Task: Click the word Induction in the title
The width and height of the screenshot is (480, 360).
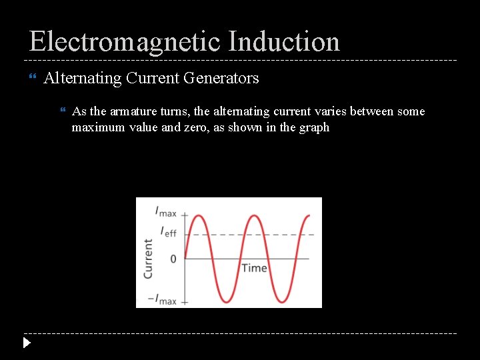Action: (283, 41)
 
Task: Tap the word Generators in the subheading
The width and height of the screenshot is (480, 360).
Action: (221, 78)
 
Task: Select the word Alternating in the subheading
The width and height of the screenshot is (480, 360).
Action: (83, 78)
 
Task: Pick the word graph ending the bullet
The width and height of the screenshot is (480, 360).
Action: (314, 127)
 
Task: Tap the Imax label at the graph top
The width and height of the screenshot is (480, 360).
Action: (165, 213)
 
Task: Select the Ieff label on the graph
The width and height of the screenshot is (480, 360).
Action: (168, 232)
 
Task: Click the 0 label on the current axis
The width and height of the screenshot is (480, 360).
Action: (173, 258)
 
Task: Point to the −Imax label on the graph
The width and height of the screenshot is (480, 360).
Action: (163, 301)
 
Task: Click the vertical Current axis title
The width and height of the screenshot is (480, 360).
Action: (148, 259)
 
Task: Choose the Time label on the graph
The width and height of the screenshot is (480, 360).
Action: (254, 268)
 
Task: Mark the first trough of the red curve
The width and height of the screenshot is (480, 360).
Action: (227, 301)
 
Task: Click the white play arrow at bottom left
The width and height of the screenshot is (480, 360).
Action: (26, 343)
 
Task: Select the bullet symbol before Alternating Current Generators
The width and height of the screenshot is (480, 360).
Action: (34, 79)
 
